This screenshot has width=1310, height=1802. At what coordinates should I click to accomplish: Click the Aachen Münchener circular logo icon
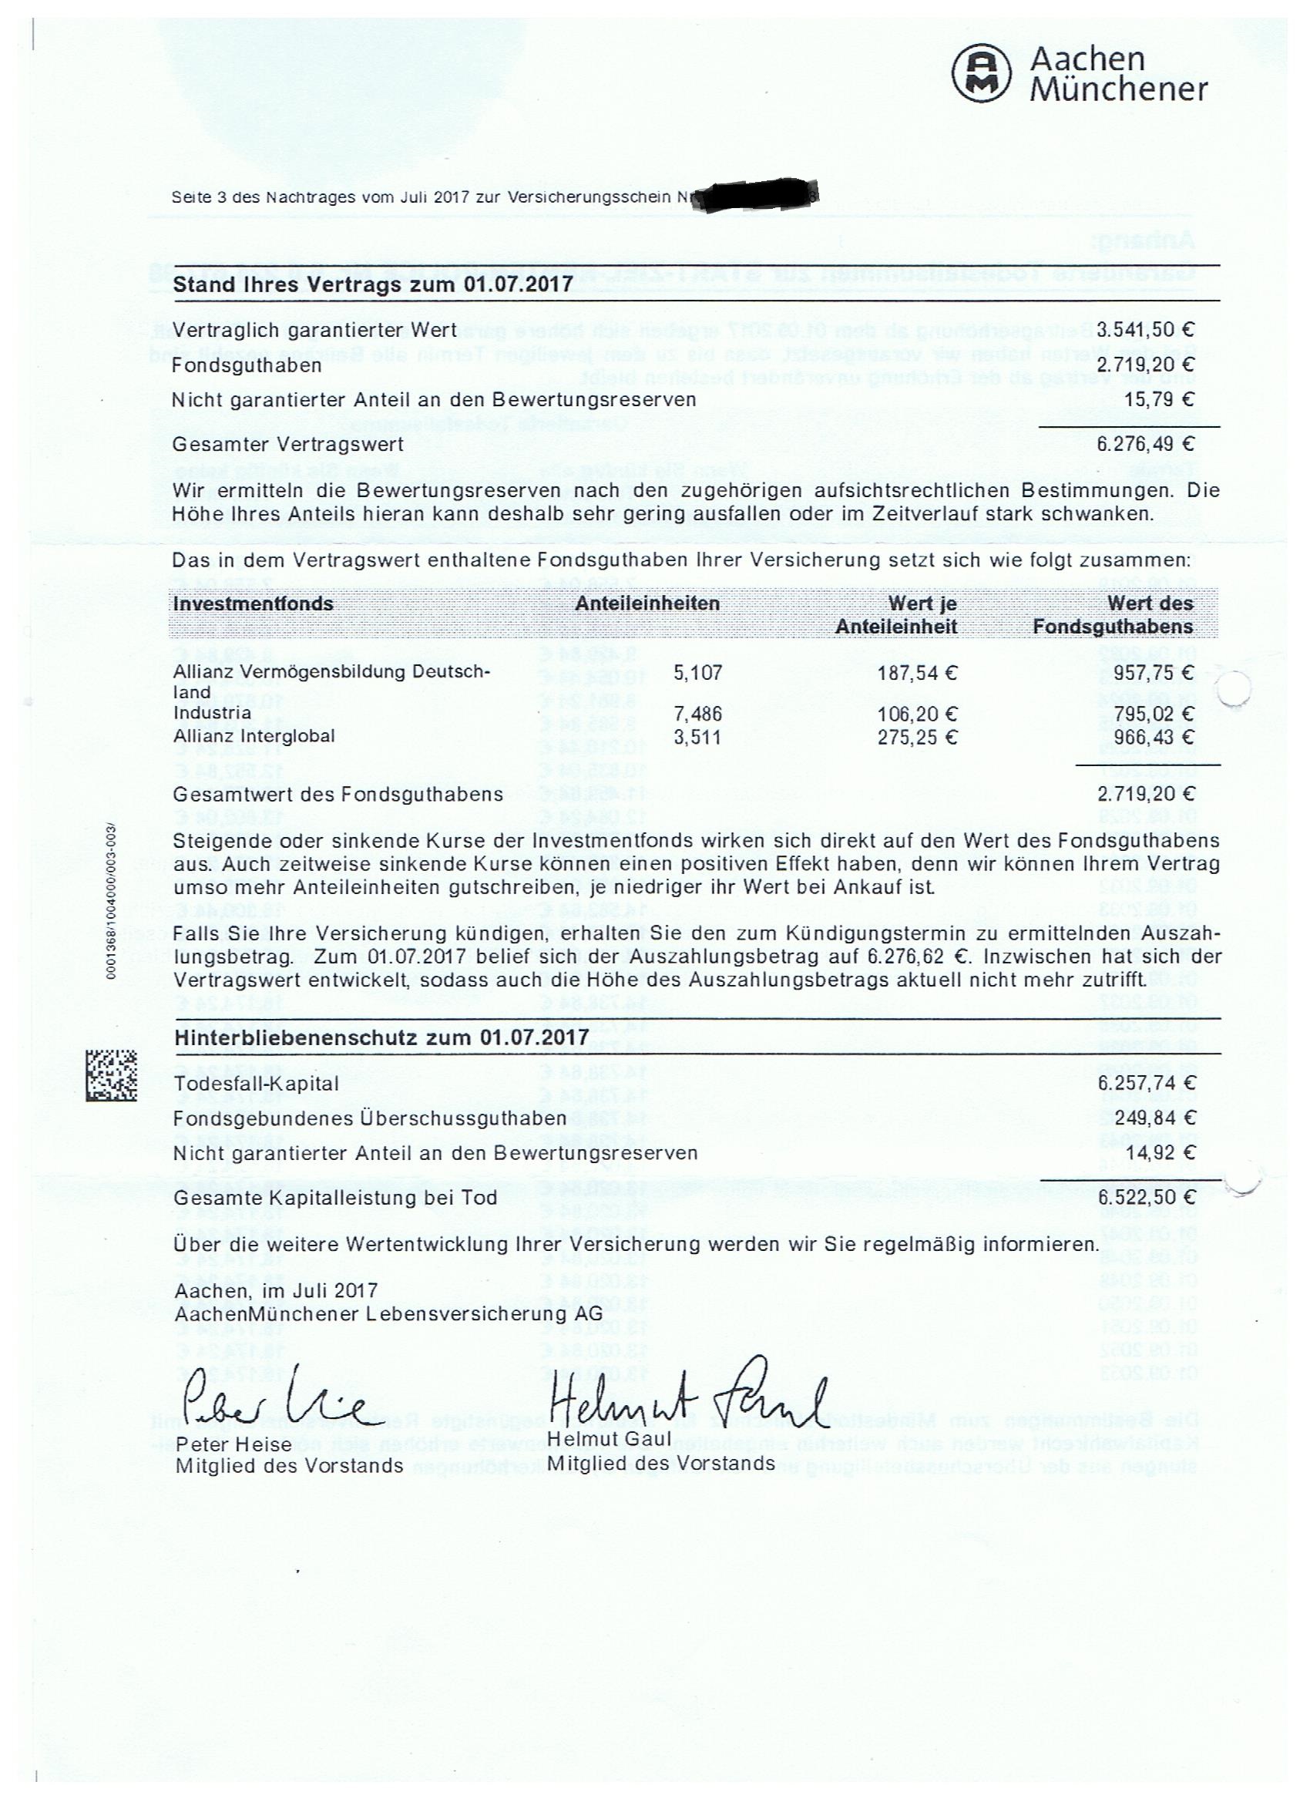[x=982, y=74]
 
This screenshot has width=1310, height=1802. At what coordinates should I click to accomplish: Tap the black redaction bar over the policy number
[x=754, y=197]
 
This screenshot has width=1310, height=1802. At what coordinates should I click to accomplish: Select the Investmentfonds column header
[x=254, y=603]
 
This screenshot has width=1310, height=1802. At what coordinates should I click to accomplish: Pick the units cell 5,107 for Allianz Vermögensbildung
[x=697, y=674]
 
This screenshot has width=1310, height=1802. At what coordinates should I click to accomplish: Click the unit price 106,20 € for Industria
[x=918, y=714]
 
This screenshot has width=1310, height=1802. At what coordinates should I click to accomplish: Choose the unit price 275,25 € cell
[x=918, y=738]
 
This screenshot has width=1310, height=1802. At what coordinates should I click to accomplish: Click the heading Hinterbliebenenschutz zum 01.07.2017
[x=381, y=1037]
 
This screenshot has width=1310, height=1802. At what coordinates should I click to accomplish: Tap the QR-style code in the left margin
[x=111, y=1075]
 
